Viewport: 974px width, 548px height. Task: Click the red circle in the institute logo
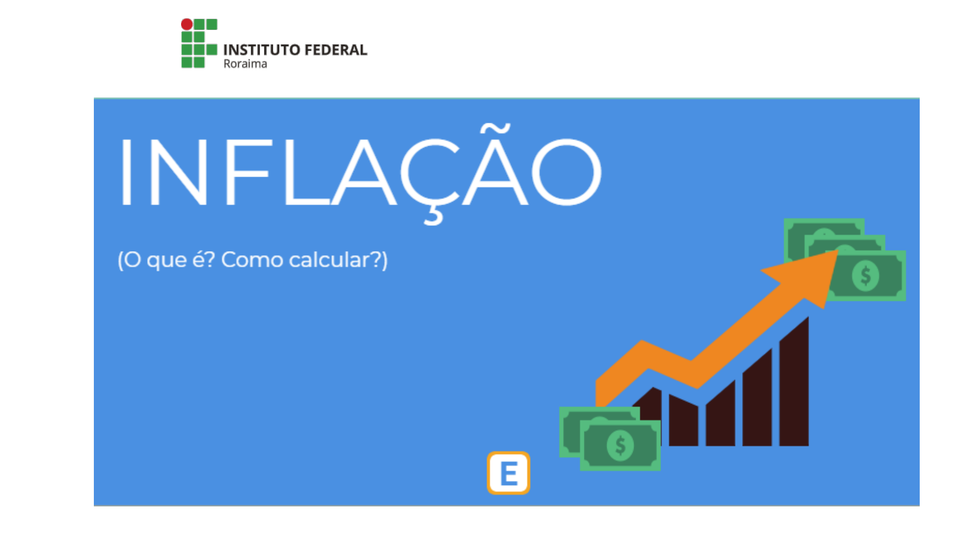point(187,24)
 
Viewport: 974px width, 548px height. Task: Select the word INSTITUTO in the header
point(262,50)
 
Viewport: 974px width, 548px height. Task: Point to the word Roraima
point(245,64)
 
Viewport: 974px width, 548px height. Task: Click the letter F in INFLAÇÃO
point(247,172)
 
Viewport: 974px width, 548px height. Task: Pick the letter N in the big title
point(179,172)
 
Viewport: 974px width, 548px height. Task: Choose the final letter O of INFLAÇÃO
point(566,172)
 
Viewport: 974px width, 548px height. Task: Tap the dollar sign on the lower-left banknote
point(620,445)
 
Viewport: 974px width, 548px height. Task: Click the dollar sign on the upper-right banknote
point(865,276)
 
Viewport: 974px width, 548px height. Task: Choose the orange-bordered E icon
point(508,473)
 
